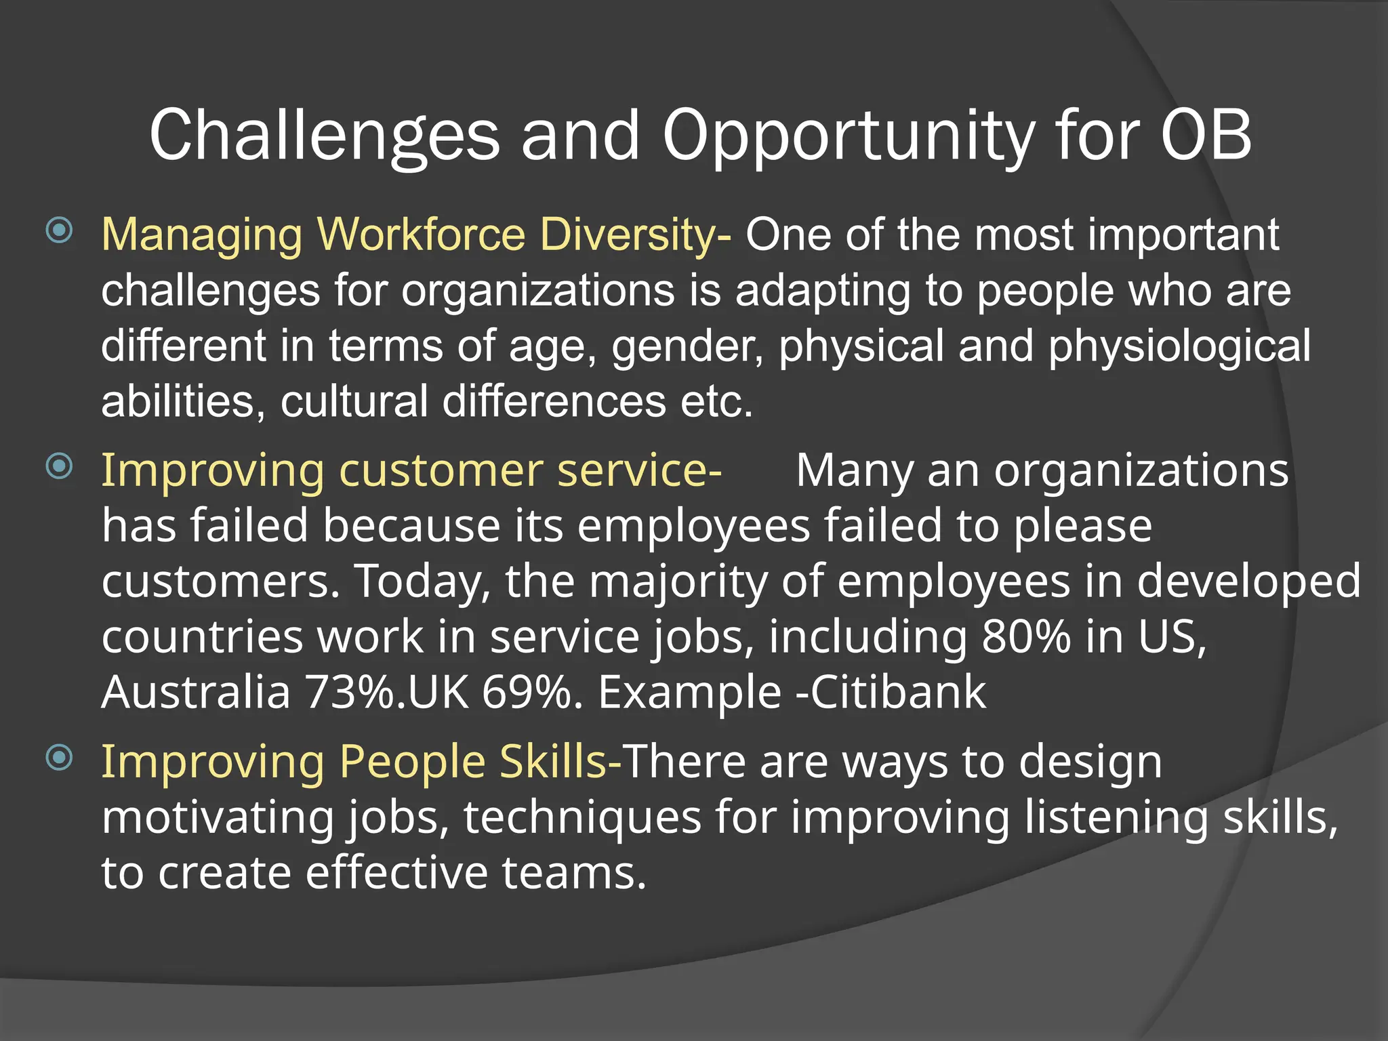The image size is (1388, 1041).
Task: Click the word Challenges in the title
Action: tap(324, 136)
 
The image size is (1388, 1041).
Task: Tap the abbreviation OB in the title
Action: tap(1206, 136)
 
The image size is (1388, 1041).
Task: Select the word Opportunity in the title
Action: tap(848, 136)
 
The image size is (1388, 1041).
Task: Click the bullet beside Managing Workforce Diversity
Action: tap(60, 230)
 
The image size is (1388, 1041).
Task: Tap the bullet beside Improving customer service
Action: tap(60, 466)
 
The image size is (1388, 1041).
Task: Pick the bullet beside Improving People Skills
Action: tap(60, 757)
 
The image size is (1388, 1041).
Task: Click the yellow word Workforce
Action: tap(421, 234)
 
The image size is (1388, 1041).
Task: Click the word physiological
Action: tap(1179, 346)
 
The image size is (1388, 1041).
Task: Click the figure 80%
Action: tap(1026, 637)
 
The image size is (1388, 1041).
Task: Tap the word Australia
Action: tap(196, 693)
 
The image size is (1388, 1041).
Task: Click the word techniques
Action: tap(582, 817)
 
